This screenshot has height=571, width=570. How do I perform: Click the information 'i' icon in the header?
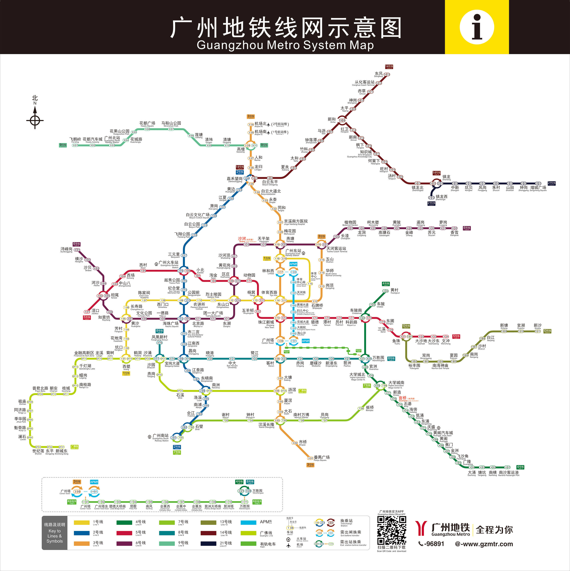point(477,27)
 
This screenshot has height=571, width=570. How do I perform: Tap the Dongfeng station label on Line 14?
point(378,74)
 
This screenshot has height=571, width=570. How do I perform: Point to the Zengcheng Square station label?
point(538,188)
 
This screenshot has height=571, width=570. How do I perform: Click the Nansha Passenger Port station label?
point(508,473)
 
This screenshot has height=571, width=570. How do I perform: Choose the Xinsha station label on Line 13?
point(538,326)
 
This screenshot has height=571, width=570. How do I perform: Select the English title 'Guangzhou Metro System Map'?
point(285,45)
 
